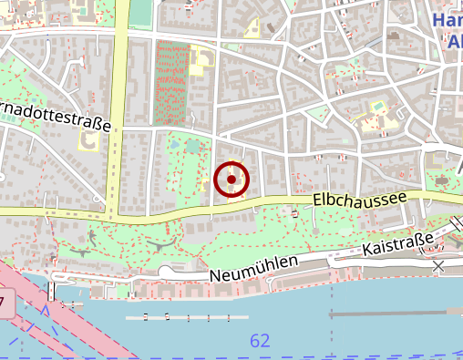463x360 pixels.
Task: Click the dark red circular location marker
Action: tap(231, 180)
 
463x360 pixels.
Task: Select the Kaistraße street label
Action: tap(396, 244)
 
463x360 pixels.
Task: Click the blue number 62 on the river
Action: tap(260, 341)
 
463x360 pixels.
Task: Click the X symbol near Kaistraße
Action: tap(438, 266)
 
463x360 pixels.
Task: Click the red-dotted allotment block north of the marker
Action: tap(170, 82)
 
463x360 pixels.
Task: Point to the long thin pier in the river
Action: tap(186, 317)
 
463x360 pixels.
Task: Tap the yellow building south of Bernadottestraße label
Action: tap(89, 141)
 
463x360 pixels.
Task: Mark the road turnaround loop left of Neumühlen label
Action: tap(164, 272)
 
